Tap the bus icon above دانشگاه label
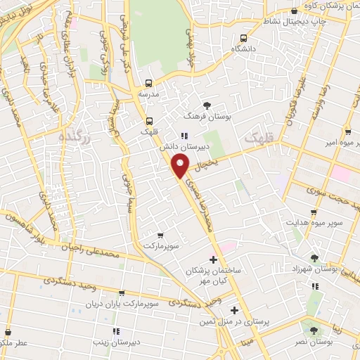243,38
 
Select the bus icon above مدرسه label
148,82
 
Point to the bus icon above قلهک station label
149,120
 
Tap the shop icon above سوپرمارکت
161,236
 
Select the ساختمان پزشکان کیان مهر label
213,275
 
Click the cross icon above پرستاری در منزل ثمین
235,310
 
